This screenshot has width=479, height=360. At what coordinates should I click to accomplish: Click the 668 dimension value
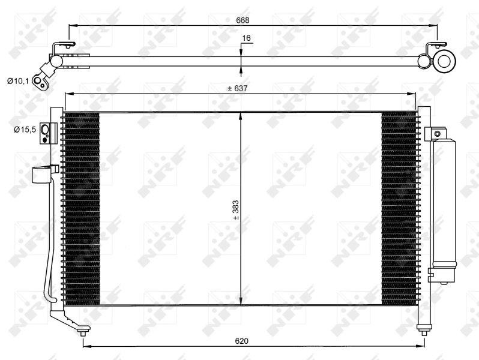242,20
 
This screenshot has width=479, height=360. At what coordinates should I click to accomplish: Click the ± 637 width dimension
238,88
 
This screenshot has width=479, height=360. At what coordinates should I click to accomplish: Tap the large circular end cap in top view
445,60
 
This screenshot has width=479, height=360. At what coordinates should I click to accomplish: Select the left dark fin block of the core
80,208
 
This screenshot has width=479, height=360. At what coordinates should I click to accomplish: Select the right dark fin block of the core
399,208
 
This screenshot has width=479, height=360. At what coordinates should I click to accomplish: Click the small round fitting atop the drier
438,134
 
